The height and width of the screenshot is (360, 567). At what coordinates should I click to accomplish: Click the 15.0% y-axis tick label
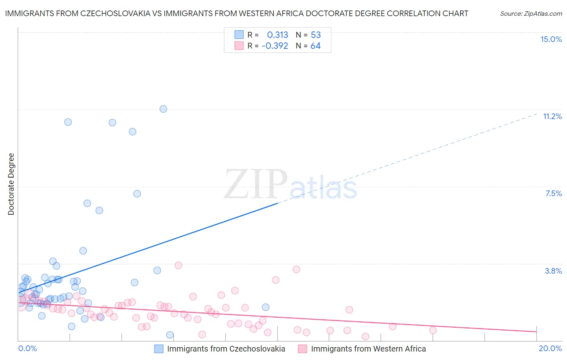551,39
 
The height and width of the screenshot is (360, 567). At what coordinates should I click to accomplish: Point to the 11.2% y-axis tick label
552,116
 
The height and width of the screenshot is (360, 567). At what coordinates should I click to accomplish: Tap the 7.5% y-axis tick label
553,193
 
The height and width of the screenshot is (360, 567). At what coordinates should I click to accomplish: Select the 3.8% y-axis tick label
553,271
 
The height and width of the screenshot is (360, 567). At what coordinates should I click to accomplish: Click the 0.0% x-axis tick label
27,348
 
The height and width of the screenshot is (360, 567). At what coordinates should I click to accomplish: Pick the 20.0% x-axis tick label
550,348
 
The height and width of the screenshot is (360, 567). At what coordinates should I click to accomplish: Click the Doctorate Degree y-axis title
11,184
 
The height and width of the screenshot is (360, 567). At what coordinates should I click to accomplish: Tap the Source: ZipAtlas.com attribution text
531,13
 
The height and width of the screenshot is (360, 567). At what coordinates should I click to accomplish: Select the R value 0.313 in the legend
277,35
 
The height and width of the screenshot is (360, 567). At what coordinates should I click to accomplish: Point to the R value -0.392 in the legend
275,46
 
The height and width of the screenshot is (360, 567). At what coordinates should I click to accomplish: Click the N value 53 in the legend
316,35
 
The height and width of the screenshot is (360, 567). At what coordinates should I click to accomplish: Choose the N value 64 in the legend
315,46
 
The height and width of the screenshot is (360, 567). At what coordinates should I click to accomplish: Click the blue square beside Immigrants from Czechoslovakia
159,349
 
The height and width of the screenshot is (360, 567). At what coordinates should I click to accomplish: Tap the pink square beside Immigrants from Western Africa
302,349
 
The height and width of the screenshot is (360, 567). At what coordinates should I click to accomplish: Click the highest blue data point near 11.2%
163,109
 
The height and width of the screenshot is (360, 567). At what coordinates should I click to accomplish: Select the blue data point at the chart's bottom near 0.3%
170,335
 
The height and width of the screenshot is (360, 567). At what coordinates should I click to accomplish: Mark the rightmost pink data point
433,330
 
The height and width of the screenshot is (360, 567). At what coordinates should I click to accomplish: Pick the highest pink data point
178,265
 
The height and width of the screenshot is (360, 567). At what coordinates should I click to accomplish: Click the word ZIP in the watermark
255,184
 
